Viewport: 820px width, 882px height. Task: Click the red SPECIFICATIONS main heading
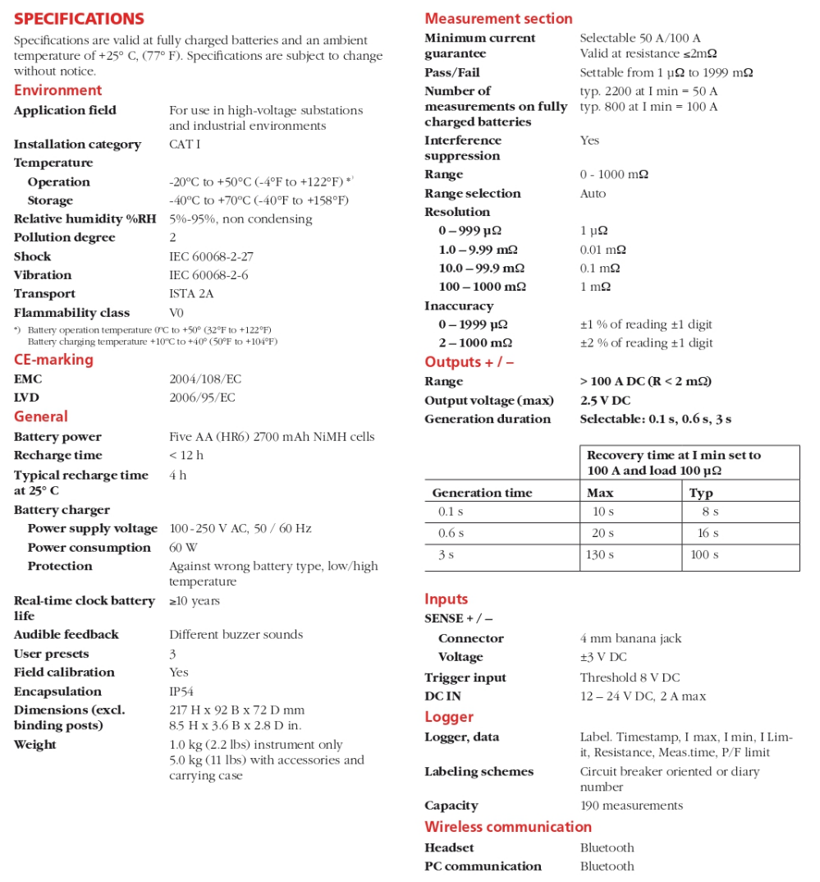click(79, 19)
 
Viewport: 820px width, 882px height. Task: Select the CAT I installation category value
click(185, 145)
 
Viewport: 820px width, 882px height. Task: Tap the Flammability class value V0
click(176, 313)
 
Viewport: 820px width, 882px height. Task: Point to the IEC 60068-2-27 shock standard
click(211, 256)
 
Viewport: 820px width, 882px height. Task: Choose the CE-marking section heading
click(53, 360)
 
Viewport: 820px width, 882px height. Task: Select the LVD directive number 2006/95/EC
click(202, 397)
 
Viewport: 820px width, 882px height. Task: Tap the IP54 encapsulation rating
click(181, 691)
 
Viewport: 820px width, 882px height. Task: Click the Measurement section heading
click(498, 19)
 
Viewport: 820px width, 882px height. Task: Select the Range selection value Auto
click(593, 194)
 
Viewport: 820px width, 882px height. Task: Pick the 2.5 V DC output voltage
click(605, 401)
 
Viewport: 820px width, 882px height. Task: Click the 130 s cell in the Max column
click(600, 555)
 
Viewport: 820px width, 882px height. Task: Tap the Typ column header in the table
click(701, 493)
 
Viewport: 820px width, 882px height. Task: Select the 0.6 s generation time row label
click(451, 533)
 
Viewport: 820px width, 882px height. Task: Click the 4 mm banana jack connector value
click(630, 638)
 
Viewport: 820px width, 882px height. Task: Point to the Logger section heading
click(449, 717)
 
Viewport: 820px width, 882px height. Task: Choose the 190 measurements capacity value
click(631, 806)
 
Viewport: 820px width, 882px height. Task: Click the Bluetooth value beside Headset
click(607, 848)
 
